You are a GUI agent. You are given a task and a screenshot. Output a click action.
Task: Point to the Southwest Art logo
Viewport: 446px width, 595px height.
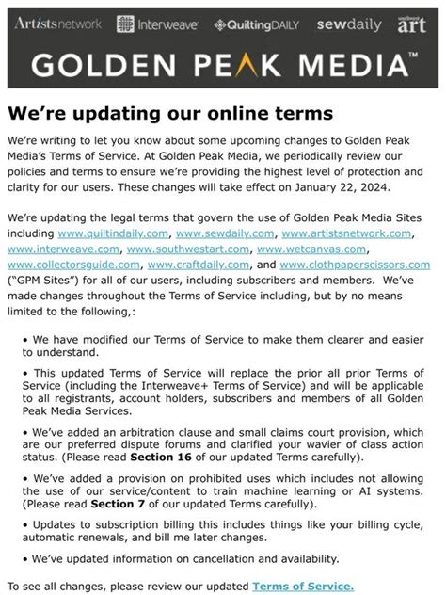(x=412, y=24)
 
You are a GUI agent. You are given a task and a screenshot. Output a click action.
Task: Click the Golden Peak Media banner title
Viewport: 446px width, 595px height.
(x=223, y=65)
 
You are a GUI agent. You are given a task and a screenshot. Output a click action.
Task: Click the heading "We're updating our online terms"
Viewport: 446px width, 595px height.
(x=170, y=113)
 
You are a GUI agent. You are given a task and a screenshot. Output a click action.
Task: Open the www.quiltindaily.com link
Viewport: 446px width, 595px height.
(x=112, y=232)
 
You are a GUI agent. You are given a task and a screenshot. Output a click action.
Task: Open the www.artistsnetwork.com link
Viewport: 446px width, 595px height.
(x=346, y=232)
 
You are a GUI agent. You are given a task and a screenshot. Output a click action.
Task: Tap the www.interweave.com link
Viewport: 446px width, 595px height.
(x=63, y=249)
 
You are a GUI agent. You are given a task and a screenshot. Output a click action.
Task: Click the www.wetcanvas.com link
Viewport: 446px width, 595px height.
(x=311, y=249)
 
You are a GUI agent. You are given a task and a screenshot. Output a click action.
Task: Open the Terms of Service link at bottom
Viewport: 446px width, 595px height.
(x=303, y=587)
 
